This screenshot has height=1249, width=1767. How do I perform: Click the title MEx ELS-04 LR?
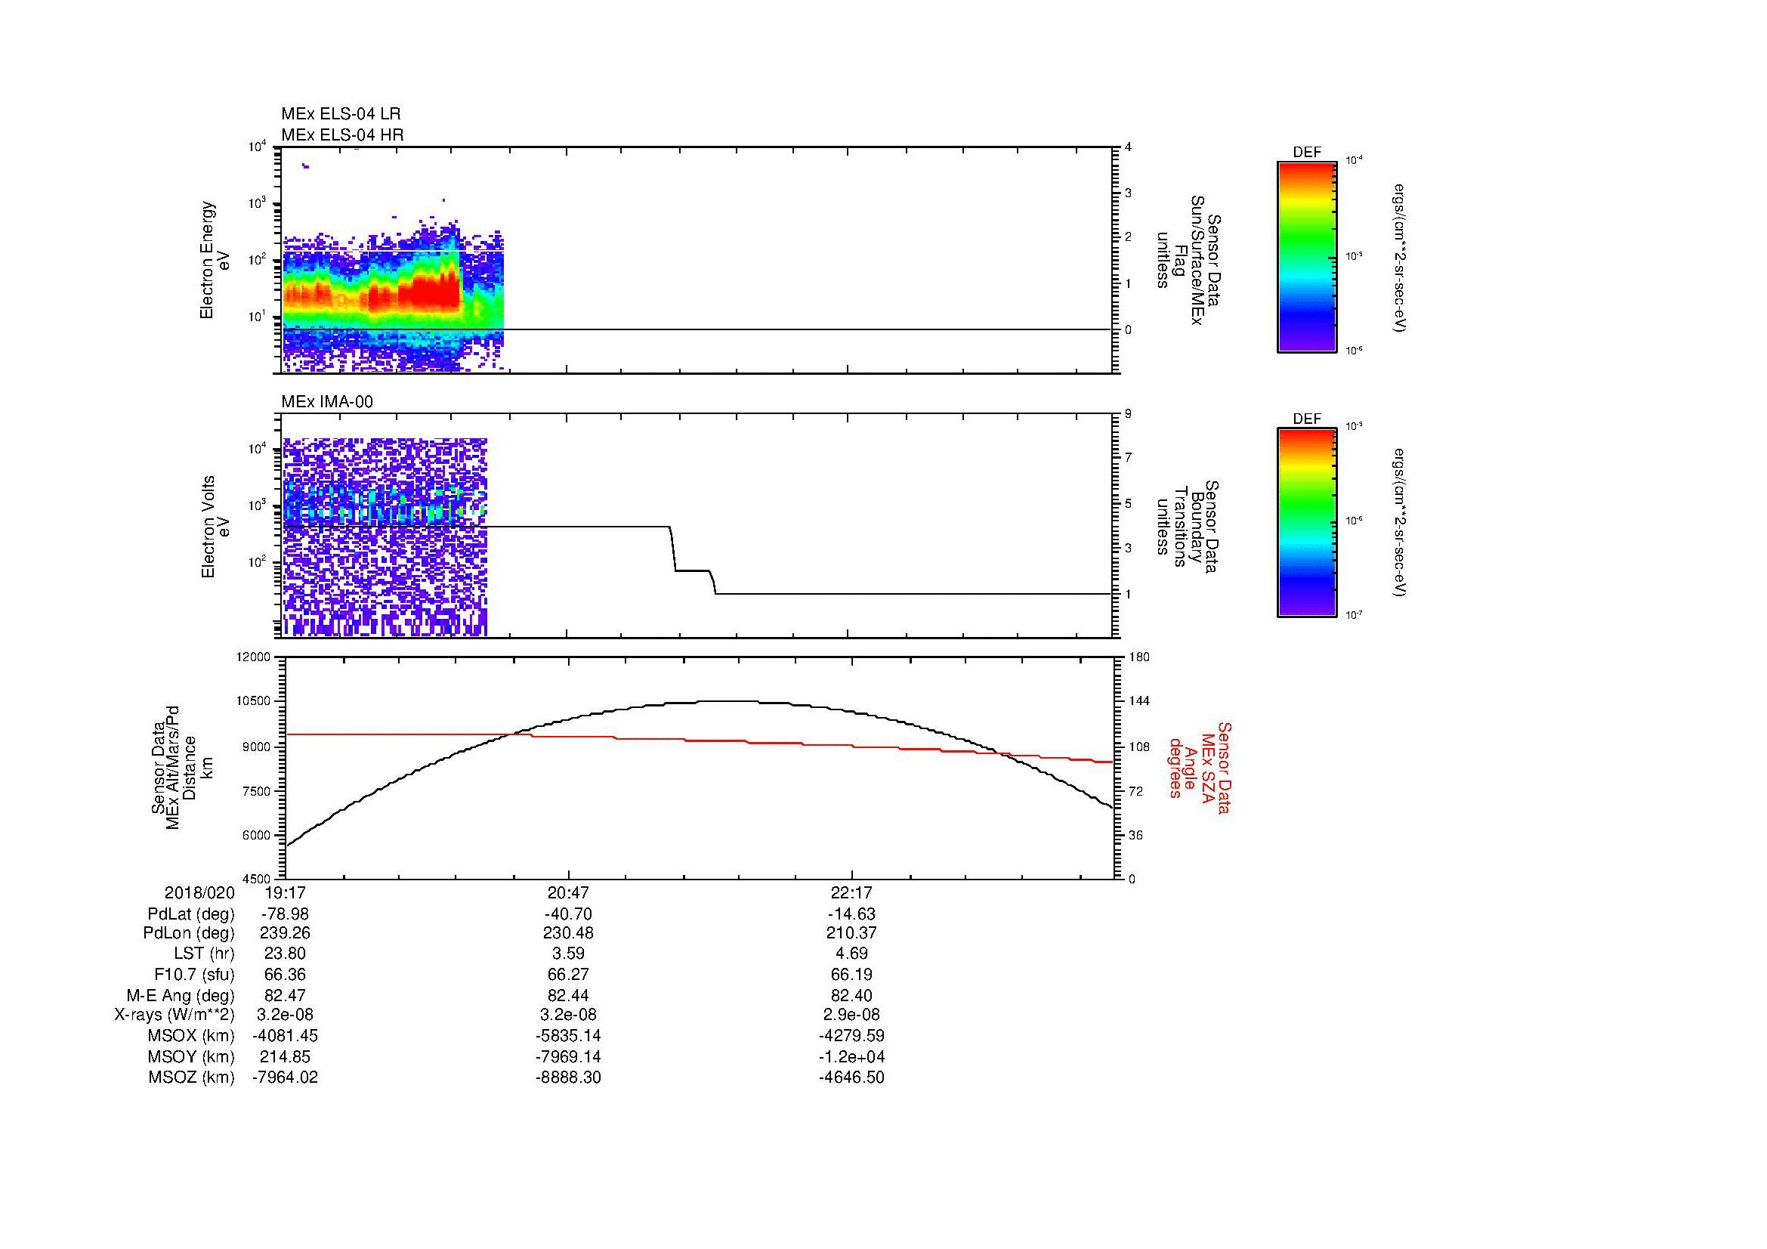[x=340, y=114]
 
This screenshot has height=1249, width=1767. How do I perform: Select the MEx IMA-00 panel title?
[x=327, y=402]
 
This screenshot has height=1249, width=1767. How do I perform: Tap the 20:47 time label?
[x=568, y=893]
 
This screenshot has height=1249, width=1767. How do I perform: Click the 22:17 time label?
[x=851, y=893]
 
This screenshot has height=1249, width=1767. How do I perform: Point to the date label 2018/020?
[x=199, y=893]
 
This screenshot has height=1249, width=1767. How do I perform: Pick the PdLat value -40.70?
[x=568, y=914]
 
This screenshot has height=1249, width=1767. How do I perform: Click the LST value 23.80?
[x=285, y=954]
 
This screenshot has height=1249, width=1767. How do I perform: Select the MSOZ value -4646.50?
[x=851, y=1077]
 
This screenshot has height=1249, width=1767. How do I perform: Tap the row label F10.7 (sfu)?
[x=194, y=975]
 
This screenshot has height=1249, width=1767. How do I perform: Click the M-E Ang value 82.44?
[x=568, y=996]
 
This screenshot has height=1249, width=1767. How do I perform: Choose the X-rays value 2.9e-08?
[x=851, y=1016]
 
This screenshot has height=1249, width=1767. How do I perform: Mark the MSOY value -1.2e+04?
[x=851, y=1057]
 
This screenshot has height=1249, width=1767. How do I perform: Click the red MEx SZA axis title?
[x=1198, y=767]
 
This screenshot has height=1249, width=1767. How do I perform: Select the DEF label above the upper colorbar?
[x=1307, y=153]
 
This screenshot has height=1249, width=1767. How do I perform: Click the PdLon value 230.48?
[x=568, y=934]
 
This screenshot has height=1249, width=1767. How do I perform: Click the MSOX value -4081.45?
[x=285, y=1037]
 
